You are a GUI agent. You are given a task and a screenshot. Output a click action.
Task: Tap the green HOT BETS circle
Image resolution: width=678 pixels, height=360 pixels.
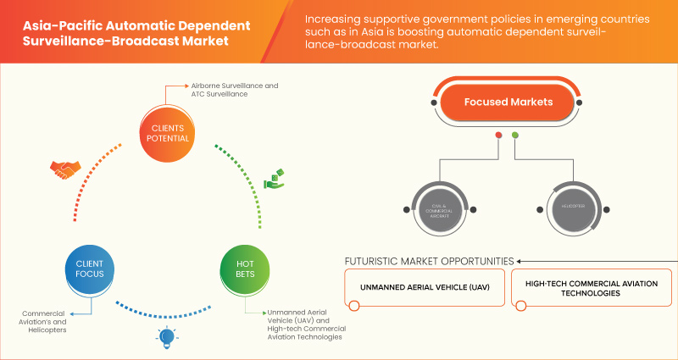(244, 269)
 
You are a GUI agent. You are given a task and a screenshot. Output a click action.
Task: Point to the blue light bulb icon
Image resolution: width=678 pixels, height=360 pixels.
(167, 338)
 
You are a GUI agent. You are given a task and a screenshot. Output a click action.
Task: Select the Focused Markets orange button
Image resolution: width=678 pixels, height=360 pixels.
(507, 102)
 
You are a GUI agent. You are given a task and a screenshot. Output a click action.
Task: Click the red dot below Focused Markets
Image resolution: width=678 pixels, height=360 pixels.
(498, 135)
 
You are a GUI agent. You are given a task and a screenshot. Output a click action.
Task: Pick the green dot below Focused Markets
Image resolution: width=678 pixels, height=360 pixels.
(514, 135)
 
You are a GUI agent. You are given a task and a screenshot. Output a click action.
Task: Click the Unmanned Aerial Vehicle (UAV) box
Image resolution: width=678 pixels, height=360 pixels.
(424, 287)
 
